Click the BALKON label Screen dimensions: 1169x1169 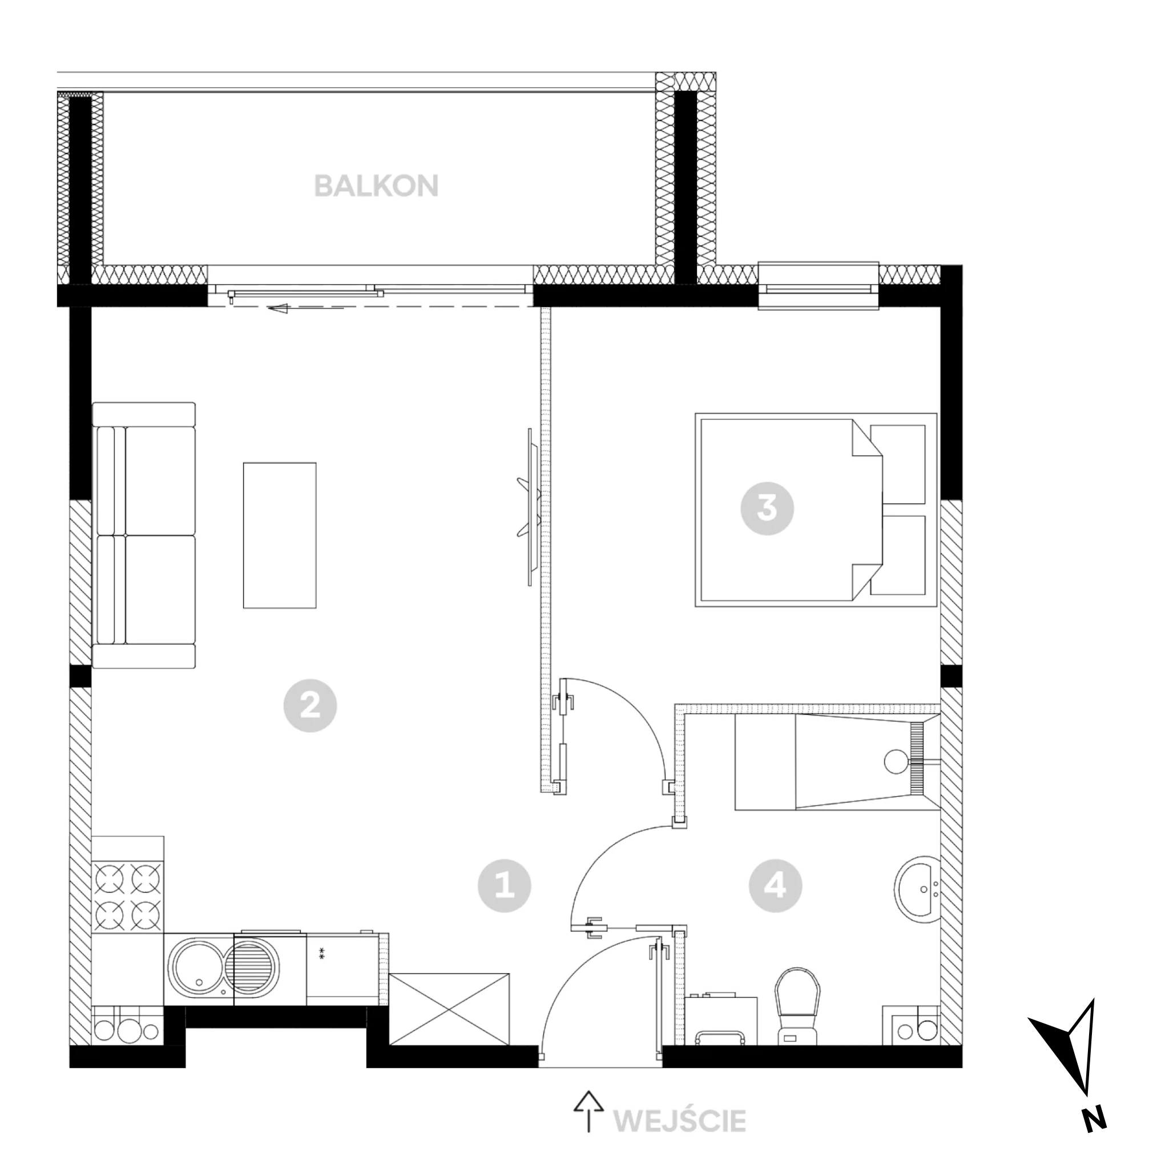tap(376, 186)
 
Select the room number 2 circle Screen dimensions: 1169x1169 tap(311, 706)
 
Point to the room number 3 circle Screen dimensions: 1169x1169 tap(767, 508)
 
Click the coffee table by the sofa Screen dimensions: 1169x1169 tap(280, 535)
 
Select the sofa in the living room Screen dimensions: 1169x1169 tap(144, 535)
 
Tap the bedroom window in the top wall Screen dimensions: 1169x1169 tap(818, 286)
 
